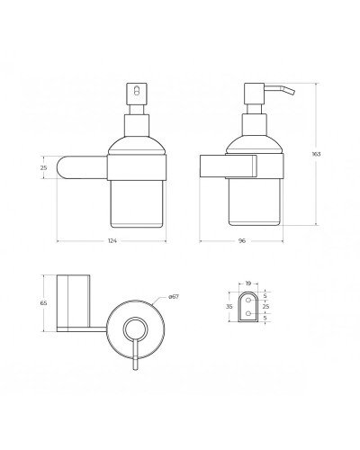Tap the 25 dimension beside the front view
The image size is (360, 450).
(43, 167)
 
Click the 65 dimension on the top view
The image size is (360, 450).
(43, 304)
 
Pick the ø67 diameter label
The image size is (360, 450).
(173, 296)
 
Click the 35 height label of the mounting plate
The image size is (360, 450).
(230, 306)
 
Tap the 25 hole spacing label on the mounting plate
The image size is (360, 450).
(265, 306)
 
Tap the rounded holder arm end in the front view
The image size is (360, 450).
(64, 167)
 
